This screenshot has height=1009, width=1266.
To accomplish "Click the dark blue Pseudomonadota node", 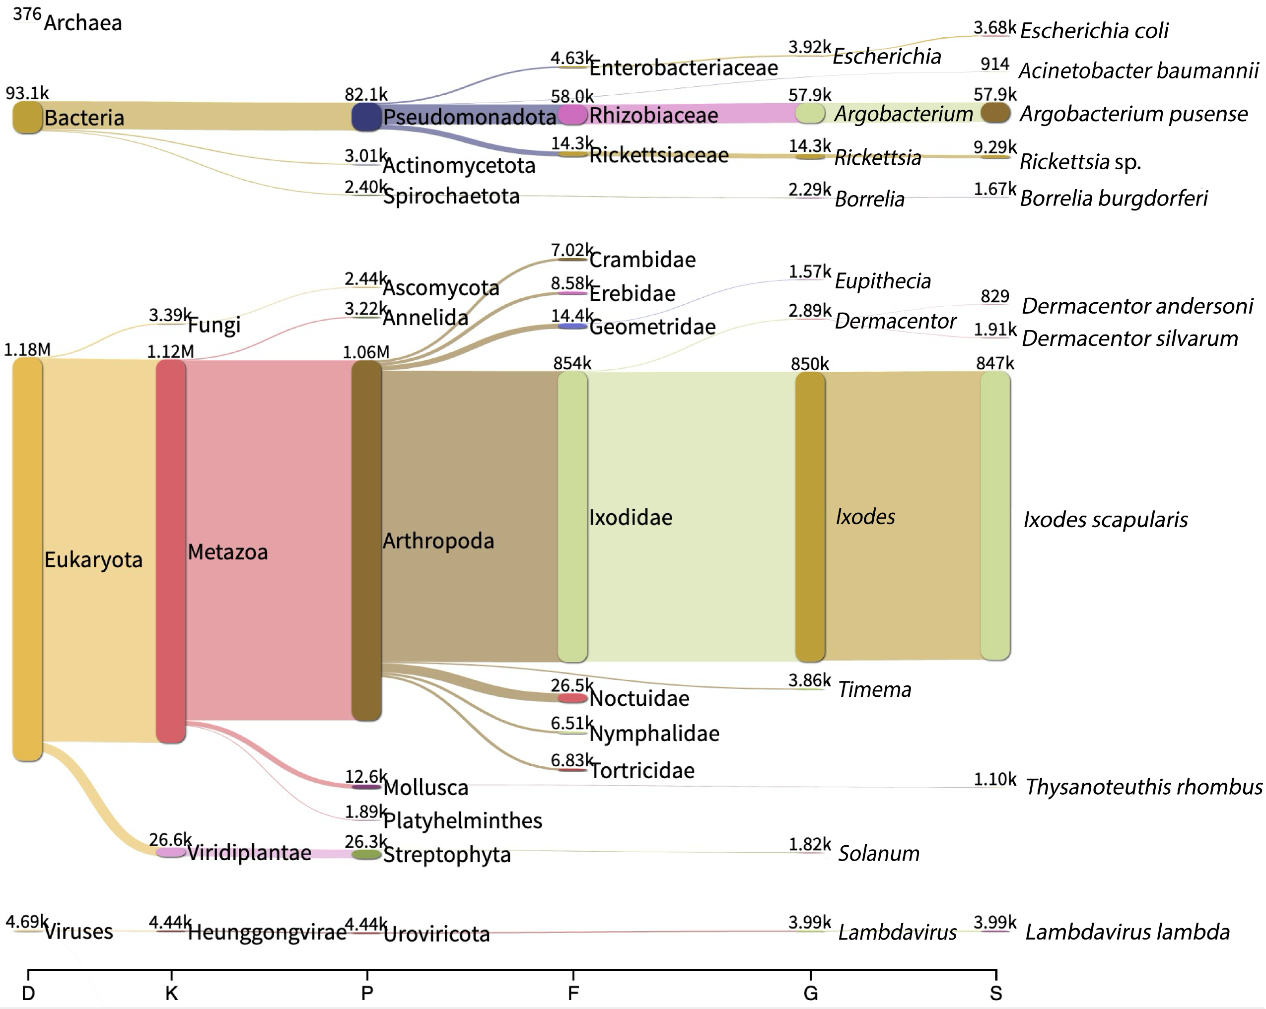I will pyautogui.click(x=366, y=117).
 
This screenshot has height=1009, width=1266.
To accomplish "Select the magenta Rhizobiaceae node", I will pyautogui.click(x=572, y=115).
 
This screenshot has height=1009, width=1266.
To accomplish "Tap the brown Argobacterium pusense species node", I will pyautogui.click(x=995, y=113).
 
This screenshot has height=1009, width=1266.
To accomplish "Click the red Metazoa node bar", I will pyautogui.click(x=171, y=551).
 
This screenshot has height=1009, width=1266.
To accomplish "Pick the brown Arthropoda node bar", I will pyautogui.click(x=366, y=540).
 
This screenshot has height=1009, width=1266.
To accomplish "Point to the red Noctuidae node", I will pyautogui.click(x=572, y=698).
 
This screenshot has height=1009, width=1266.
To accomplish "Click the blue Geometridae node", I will pyautogui.click(x=572, y=326).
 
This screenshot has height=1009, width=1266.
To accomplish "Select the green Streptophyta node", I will pyautogui.click(x=366, y=855).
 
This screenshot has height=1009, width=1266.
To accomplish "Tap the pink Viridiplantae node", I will pyautogui.click(x=171, y=852).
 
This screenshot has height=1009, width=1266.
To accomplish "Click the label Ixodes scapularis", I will pyautogui.click(x=1105, y=520).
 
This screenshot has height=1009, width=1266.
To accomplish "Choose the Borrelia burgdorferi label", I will pyautogui.click(x=1113, y=199).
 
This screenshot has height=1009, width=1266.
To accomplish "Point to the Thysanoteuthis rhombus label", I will pyautogui.click(x=1143, y=787).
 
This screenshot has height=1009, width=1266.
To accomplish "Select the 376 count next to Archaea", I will pyautogui.click(x=27, y=13).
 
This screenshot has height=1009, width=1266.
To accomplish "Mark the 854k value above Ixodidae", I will pyautogui.click(x=572, y=363).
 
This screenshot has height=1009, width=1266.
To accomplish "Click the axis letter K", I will pyautogui.click(x=171, y=993).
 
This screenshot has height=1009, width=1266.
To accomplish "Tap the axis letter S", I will pyautogui.click(x=995, y=993).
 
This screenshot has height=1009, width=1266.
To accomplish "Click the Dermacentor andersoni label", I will pyautogui.click(x=1137, y=306).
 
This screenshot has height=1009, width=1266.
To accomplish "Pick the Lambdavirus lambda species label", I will pyautogui.click(x=1127, y=932).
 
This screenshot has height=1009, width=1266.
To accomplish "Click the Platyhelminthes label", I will pyautogui.click(x=462, y=820).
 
